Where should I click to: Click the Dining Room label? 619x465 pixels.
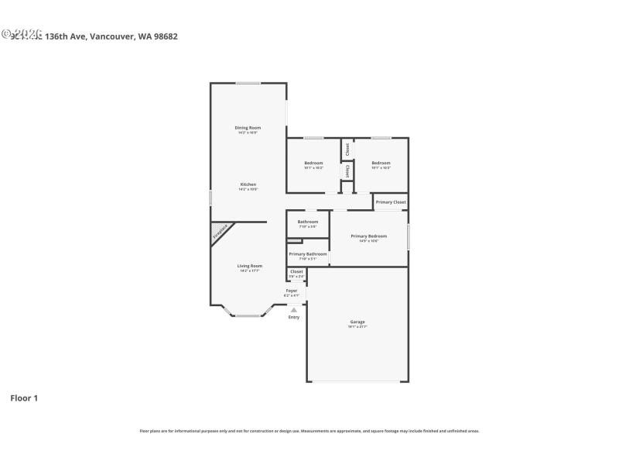[x=248, y=127]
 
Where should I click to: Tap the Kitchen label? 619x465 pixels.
[x=248, y=184]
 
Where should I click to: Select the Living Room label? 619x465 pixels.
[x=249, y=266]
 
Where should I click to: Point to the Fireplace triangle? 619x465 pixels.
[x=218, y=232]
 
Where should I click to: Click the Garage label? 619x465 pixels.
[x=357, y=322]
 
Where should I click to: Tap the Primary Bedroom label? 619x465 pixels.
[x=368, y=236]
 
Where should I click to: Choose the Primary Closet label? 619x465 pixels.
[x=391, y=202]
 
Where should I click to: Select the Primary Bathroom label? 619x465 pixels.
[x=308, y=254]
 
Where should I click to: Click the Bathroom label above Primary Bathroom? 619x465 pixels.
[x=308, y=222]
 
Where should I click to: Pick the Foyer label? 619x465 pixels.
[x=292, y=291]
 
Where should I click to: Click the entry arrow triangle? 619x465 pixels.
[x=293, y=310]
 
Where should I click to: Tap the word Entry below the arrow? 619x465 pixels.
[x=294, y=317]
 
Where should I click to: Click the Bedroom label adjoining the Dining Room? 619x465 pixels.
[x=313, y=163]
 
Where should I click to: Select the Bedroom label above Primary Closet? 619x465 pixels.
[x=381, y=163]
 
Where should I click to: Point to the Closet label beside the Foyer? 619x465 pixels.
[x=296, y=272]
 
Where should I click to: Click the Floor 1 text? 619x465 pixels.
[x=24, y=398]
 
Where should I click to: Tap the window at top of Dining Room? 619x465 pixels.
[x=248, y=83]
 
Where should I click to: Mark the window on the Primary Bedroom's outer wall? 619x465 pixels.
[x=408, y=236]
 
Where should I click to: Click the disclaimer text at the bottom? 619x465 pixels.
[x=309, y=431]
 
